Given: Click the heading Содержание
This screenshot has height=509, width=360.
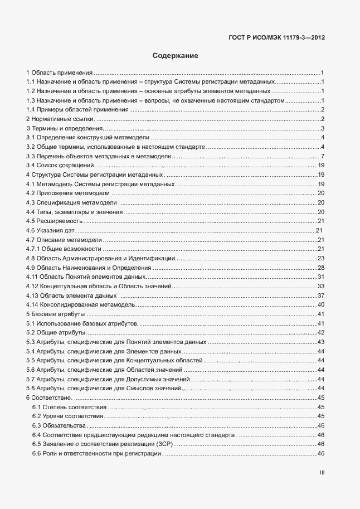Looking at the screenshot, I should tap(175, 56).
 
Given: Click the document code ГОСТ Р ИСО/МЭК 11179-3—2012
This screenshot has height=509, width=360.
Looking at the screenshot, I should tap(277, 38).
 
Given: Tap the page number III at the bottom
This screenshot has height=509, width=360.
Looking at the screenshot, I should tap(322, 472).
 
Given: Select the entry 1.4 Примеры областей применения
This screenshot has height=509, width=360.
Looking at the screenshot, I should tap(77, 109).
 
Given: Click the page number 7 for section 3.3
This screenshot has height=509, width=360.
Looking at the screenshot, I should tap(323, 156).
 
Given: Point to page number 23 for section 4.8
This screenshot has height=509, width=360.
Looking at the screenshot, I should tap(321, 258).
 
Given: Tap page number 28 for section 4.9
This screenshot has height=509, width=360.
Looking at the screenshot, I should tap(321, 268).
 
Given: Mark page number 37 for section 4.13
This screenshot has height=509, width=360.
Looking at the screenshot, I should tap(321, 295).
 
